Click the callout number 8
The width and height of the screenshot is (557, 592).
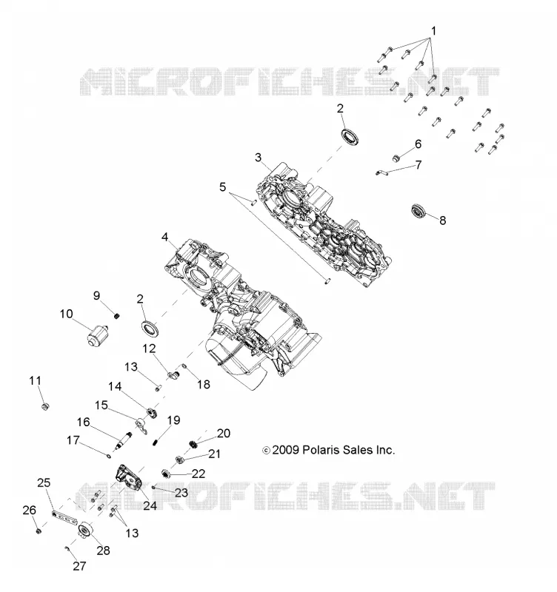442,220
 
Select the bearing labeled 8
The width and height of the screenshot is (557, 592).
419,210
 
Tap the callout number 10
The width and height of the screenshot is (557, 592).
66,314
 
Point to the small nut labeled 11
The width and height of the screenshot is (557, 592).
45,406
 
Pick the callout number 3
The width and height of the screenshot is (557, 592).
258,157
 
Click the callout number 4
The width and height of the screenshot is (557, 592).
164,237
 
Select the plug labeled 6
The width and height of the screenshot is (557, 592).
396,158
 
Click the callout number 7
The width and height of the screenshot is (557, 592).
418,165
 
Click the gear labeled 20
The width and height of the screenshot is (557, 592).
194,445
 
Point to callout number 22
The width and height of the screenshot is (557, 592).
199,474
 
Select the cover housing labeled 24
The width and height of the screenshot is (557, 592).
129,478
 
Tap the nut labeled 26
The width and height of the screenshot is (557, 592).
39,531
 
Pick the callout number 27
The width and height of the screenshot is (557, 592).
79,565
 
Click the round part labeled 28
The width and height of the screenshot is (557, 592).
84,530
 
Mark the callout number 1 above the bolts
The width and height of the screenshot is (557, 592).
433,31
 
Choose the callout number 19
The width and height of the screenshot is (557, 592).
174,420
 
